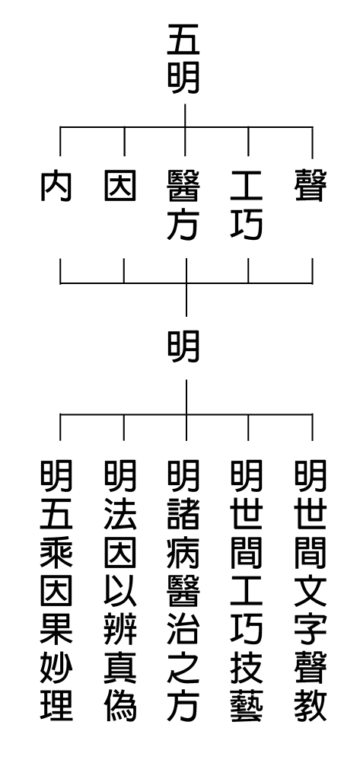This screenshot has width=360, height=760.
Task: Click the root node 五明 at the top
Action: (x=183, y=59)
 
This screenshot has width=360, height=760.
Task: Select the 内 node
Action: (x=56, y=185)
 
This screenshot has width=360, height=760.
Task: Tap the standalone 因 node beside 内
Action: (x=120, y=185)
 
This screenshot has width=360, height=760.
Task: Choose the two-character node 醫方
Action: (x=183, y=205)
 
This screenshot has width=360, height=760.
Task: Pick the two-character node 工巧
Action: (x=247, y=205)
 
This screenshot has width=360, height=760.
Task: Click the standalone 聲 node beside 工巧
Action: (x=311, y=185)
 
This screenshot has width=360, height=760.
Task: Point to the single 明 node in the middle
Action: (x=183, y=346)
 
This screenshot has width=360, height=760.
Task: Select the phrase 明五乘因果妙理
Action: (x=56, y=590)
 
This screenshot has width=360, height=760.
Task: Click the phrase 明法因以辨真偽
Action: (x=120, y=590)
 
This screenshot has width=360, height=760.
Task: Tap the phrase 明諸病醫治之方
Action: (x=183, y=590)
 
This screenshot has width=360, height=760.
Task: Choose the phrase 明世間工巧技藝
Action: (x=247, y=590)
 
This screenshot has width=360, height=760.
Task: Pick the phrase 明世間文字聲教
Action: (x=311, y=590)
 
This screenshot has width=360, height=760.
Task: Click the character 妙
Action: (x=56, y=667)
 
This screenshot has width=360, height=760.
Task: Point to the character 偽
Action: (x=120, y=706)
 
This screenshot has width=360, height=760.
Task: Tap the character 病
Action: (x=183, y=553)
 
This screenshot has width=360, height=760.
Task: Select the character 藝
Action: (x=247, y=706)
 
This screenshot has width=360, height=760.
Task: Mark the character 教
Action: (x=311, y=706)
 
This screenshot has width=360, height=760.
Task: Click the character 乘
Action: (x=56, y=553)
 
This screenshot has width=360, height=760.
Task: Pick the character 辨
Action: (x=120, y=629)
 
